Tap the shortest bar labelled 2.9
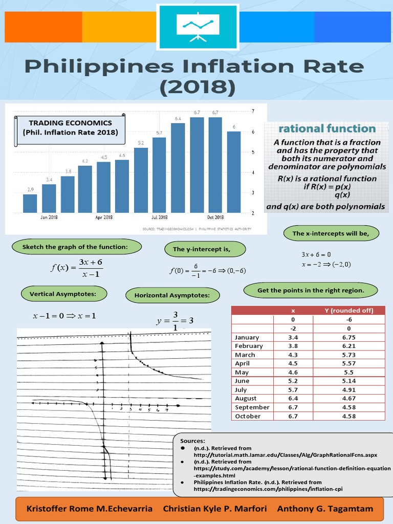pyautogui.click(x=30, y=203)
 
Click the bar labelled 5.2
pyautogui.click(x=141, y=180)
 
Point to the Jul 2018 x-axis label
pyautogui.click(x=159, y=217)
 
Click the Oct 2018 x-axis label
pyautogui.click(x=215, y=217)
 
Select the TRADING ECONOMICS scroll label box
pyautogui.click(x=70, y=128)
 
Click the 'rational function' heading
pyautogui.click(x=326, y=128)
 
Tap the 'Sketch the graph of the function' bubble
pyautogui.click(x=75, y=247)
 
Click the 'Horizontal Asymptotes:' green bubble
pyautogui.click(x=172, y=295)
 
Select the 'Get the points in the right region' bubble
pyautogui.click(x=311, y=291)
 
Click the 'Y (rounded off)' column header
pyautogui.click(x=349, y=310)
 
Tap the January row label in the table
pyautogui.click(x=247, y=337)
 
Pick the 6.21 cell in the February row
pyautogui.click(x=348, y=346)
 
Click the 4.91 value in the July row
pyautogui.click(x=348, y=389)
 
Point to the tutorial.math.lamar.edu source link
pyautogui.click(x=285, y=454)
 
